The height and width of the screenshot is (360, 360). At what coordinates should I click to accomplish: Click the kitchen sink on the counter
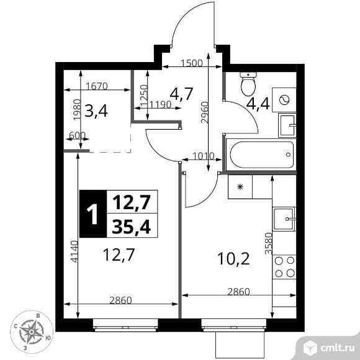286,218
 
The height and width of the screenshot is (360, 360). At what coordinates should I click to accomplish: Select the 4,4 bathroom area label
257,103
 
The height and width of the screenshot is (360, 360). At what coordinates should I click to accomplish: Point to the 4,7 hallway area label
181,95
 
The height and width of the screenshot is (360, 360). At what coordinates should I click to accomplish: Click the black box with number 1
93,214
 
